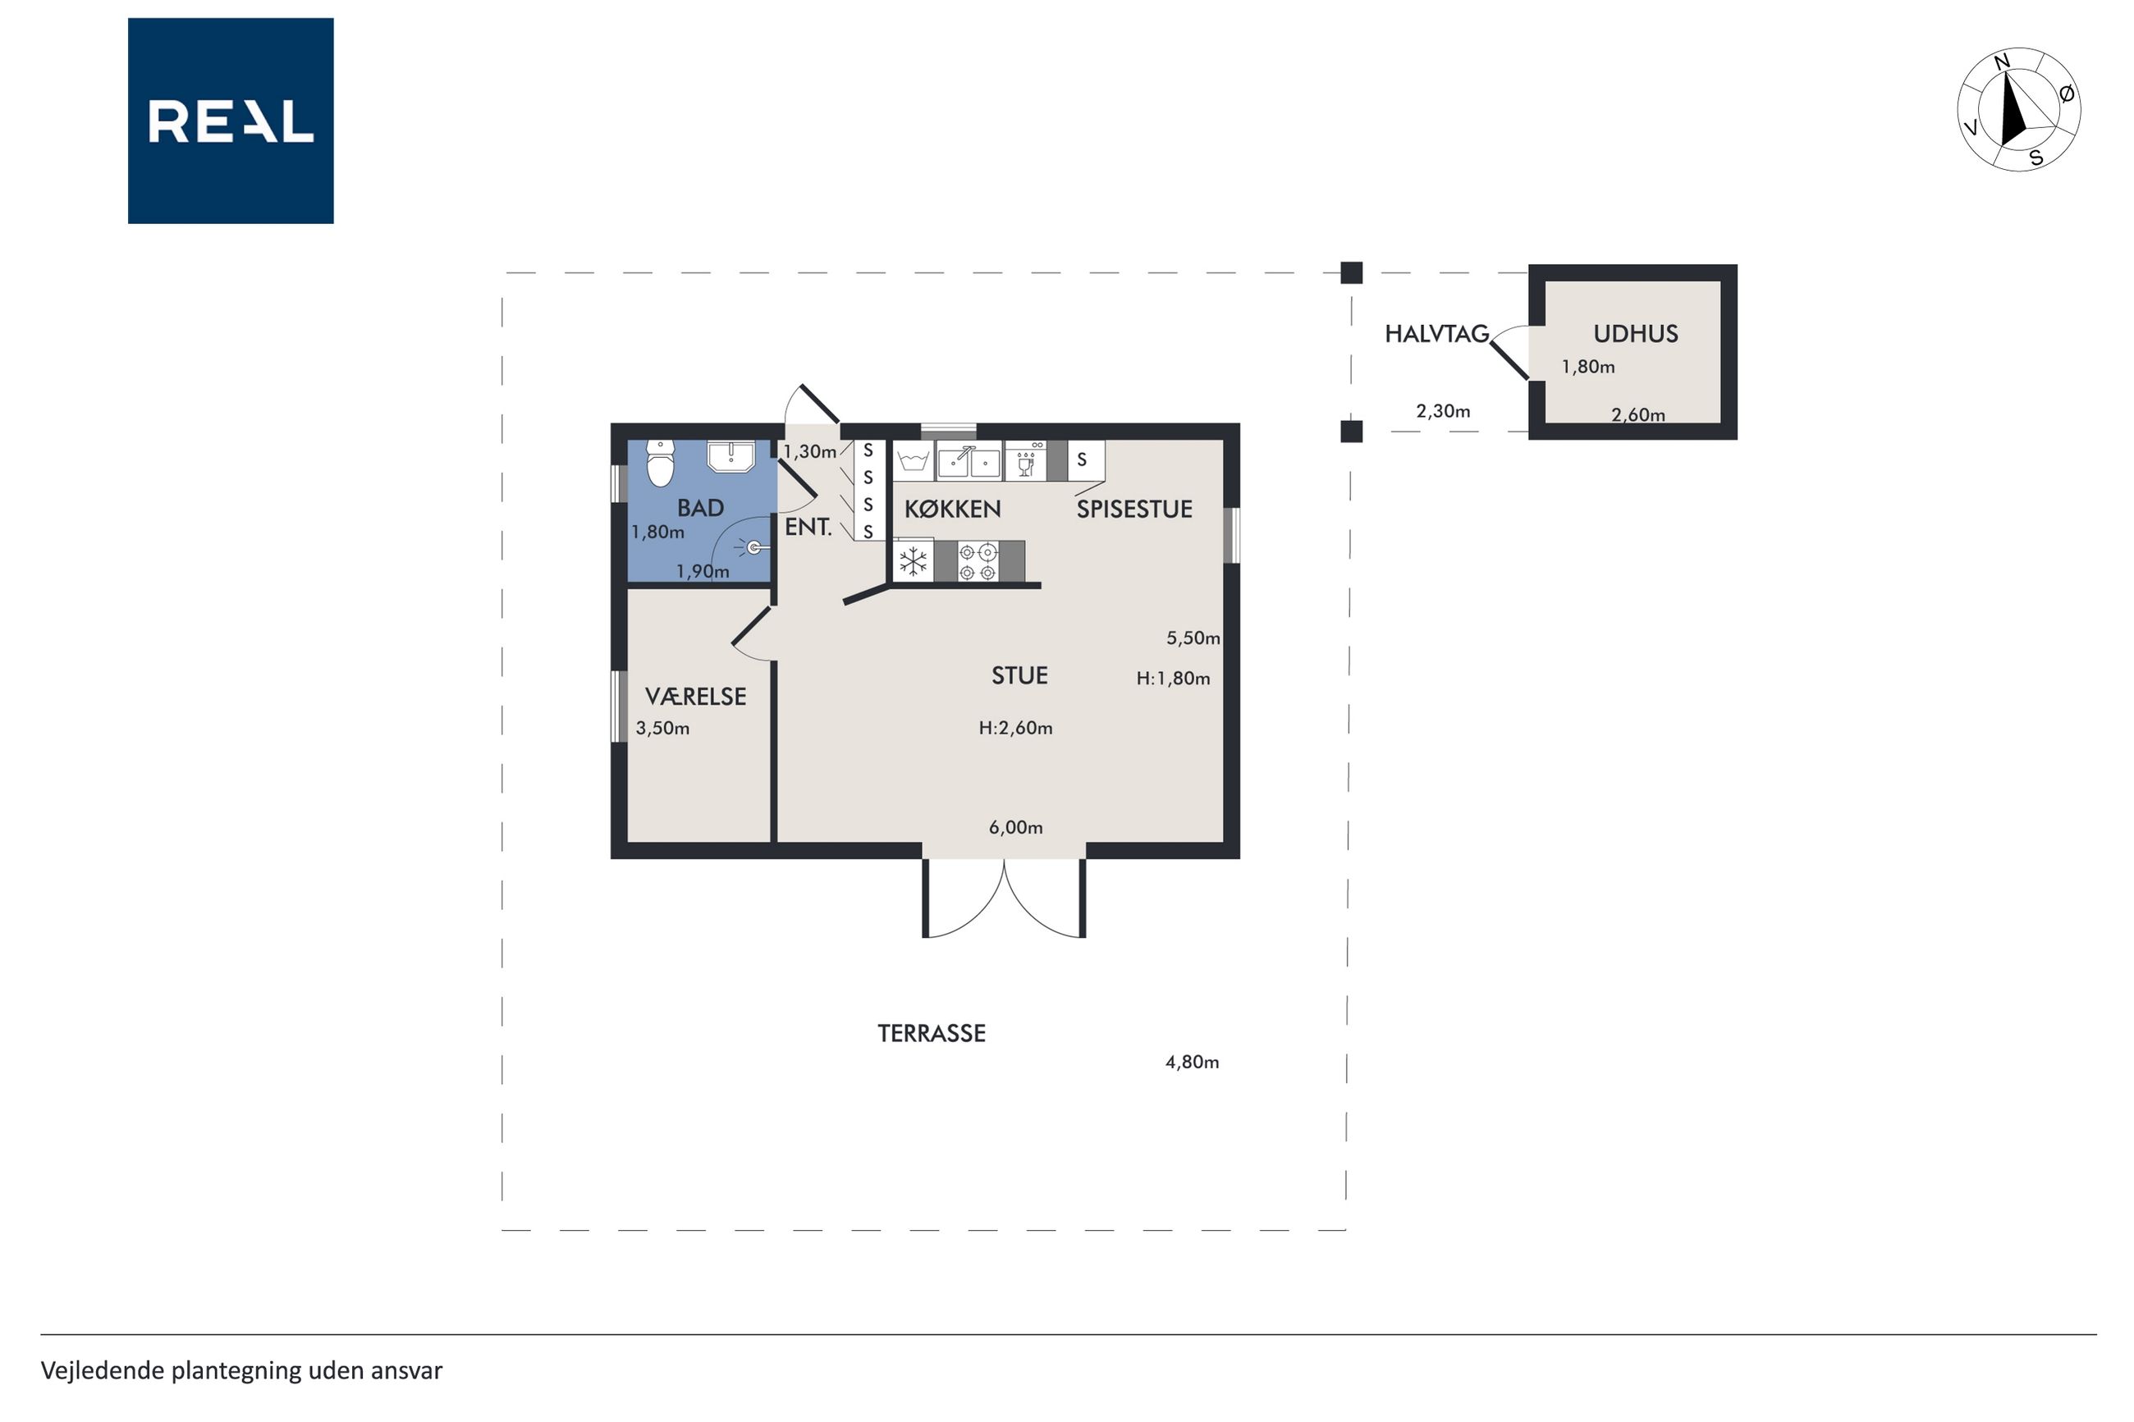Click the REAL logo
coord(231,121)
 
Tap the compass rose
coord(2018,110)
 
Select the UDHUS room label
coord(1635,334)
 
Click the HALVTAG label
coord(1436,334)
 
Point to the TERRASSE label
coord(932,1033)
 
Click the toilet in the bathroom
coord(660,464)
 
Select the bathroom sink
coord(731,457)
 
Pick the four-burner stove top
coord(978,561)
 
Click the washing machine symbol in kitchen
coord(914,460)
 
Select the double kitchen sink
coord(969,460)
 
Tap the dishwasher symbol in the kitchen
coord(1026,460)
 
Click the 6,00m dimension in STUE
coord(1016,827)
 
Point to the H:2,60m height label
coord(1016,727)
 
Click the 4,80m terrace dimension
coord(1192,1062)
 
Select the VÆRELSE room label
coord(696,697)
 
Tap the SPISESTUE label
coord(1134,509)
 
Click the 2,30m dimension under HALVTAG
coord(1443,411)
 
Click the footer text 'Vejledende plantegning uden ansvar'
coord(241,1370)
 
